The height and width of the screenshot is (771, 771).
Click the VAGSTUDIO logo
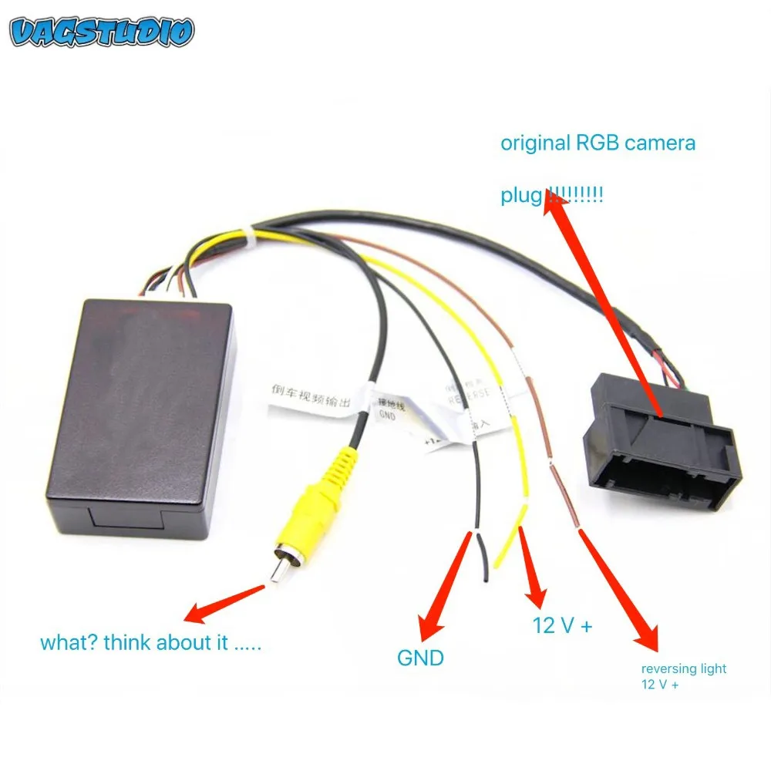click(102, 32)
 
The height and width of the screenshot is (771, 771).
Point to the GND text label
click(420, 658)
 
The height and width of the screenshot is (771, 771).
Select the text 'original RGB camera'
click(598, 143)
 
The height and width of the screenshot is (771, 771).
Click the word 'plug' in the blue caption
click(522, 196)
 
